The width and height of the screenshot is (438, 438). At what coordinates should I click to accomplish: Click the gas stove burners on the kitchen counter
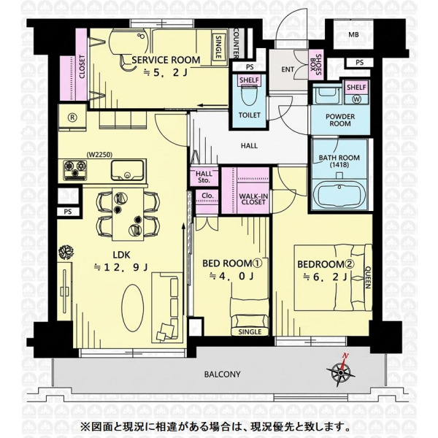[75, 170]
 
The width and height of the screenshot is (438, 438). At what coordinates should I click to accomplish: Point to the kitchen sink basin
[127, 170]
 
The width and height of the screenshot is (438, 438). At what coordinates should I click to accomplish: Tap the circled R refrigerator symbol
[72, 118]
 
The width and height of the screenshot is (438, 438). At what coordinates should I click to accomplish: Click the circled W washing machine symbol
[357, 99]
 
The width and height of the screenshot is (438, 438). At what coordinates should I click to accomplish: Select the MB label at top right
[353, 35]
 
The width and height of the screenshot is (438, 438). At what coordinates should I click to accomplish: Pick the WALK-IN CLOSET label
[253, 199]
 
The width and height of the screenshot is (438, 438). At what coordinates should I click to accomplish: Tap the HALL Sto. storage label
[204, 177]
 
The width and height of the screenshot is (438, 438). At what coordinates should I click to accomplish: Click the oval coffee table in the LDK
[133, 308]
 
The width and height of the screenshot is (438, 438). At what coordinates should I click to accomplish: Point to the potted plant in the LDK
[66, 253]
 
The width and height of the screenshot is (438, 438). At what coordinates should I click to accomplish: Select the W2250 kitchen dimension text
[99, 155]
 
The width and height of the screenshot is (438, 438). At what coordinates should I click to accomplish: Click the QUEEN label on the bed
[368, 277]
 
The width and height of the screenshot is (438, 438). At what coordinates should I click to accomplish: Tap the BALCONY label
[223, 374]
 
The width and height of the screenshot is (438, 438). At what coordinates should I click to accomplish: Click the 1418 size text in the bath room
[339, 165]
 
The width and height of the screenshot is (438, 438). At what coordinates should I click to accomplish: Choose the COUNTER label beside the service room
[236, 42]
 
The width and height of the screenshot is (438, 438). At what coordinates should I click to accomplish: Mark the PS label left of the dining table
[68, 212]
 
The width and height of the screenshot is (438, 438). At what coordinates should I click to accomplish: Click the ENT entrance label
[288, 69]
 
